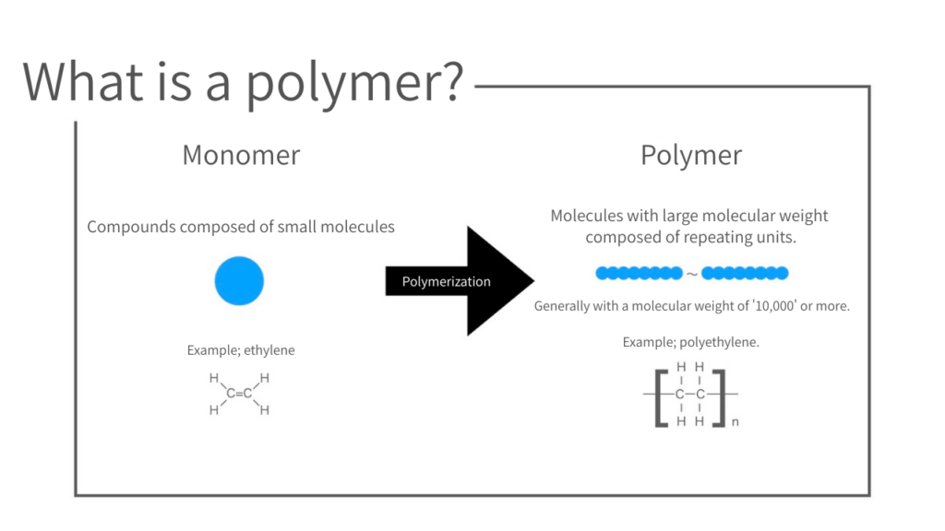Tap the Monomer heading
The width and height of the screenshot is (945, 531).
click(241, 154)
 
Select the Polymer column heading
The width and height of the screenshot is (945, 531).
click(691, 154)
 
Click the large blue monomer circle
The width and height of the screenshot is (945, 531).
click(239, 280)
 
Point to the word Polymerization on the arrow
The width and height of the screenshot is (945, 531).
click(447, 281)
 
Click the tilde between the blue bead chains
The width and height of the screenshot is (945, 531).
click(692, 274)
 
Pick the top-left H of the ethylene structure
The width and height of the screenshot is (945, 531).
click(214, 378)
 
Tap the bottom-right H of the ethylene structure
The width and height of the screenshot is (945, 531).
click(264, 410)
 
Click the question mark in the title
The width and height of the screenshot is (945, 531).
click(446, 81)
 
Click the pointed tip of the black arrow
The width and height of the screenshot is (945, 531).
click(533, 280)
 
